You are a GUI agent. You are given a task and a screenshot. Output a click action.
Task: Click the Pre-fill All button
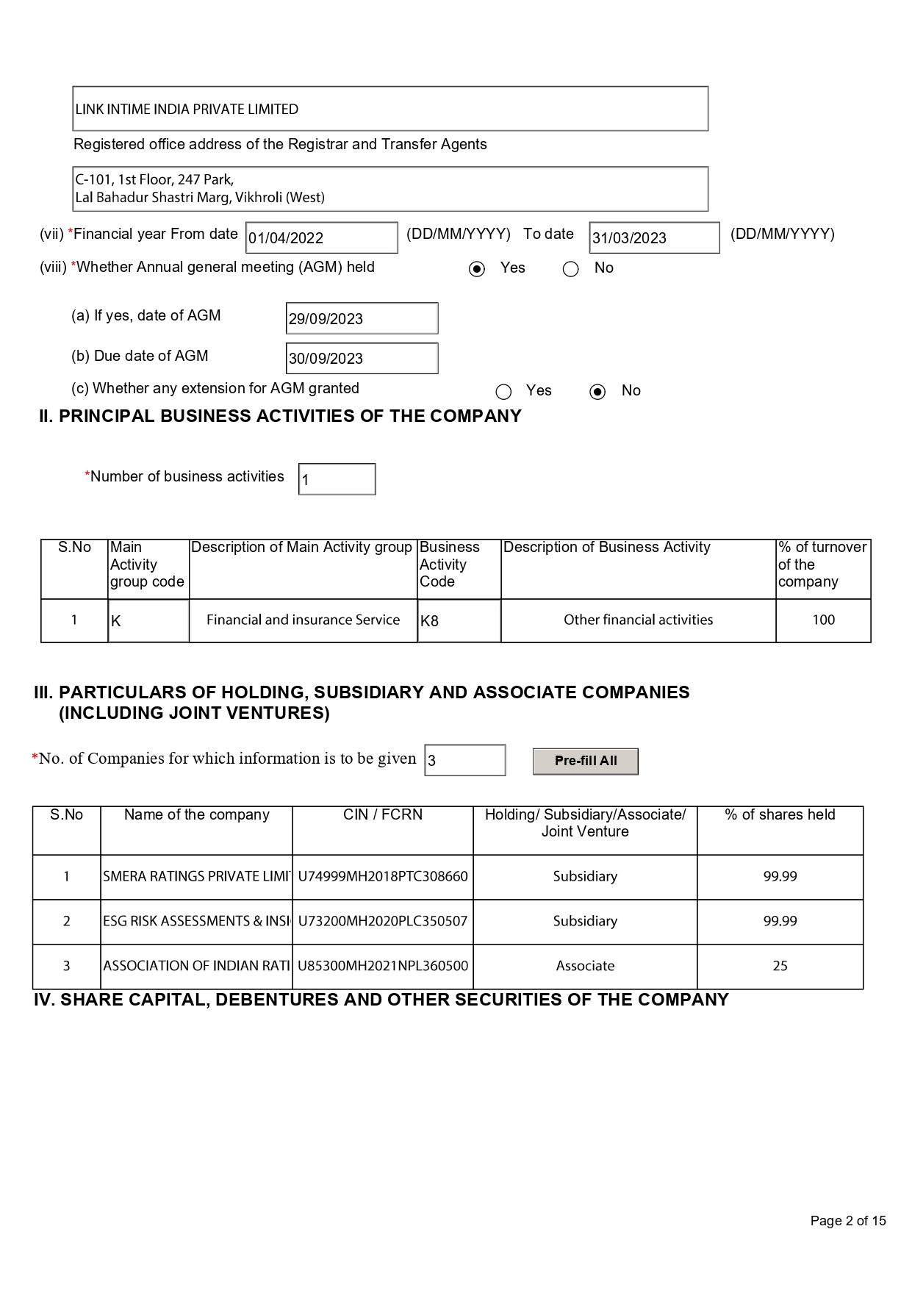[x=585, y=761]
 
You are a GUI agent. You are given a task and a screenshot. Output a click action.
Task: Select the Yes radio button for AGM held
[x=477, y=269]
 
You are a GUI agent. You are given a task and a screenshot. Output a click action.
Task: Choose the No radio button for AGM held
[x=570, y=269]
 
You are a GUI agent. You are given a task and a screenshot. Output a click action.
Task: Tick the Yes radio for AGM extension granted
[x=503, y=392]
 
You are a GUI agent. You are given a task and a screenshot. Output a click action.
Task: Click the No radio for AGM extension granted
[x=597, y=392]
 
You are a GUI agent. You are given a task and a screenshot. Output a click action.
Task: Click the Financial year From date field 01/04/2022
[x=321, y=237]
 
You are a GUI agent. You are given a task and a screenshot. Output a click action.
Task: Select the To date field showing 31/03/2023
[x=653, y=237]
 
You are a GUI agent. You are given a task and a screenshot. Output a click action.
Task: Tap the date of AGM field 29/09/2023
[x=362, y=318]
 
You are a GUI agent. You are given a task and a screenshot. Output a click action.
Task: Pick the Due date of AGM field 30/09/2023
[x=362, y=358]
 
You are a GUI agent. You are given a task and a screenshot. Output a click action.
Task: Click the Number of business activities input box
[x=337, y=479]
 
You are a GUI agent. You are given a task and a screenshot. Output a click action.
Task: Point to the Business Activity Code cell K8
[x=459, y=620]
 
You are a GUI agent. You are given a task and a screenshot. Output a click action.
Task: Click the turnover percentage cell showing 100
[x=823, y=620]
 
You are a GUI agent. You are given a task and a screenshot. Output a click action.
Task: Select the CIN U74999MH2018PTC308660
[x=382, y=876]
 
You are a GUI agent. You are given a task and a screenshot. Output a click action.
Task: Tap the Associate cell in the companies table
[x=585, y=966]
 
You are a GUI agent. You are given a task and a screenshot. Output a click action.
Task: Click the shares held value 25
[x=780, y=966]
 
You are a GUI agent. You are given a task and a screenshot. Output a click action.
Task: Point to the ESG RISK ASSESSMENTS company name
[x=196, y=921]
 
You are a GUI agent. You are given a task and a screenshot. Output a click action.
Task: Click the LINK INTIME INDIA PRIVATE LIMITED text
[x=187, y=110]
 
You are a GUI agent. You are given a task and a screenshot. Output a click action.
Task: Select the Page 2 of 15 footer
[x=847, y=1221]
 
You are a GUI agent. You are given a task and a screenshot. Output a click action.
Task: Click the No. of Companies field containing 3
[x=464, y=760]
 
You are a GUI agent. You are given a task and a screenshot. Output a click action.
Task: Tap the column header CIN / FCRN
[x=382, y=814]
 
